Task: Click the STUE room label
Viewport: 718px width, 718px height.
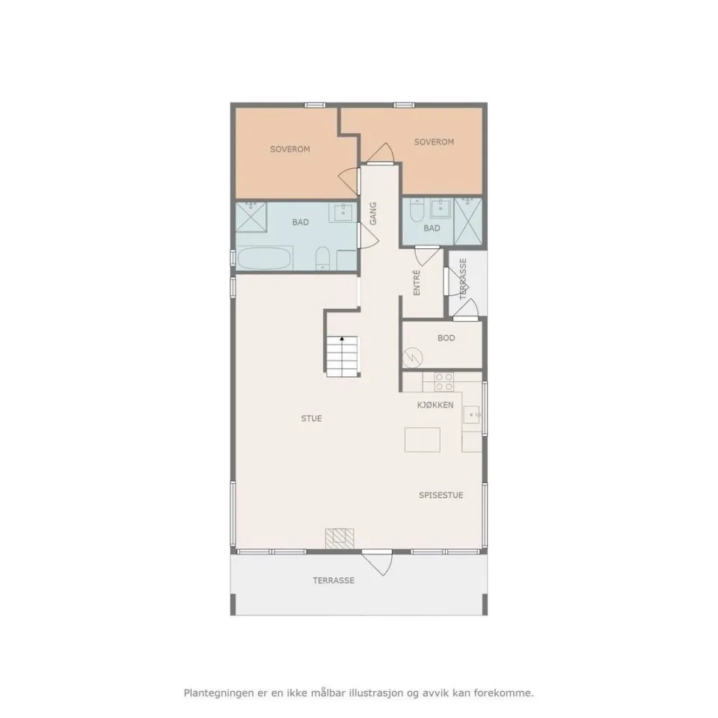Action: coord(311,418)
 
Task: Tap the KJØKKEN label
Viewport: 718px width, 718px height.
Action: coord(435,405)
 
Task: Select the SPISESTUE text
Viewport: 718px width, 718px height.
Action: coord(441,495)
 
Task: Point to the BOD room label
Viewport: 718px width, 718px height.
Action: coord(446,338)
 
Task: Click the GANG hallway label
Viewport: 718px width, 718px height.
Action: coord(373,214)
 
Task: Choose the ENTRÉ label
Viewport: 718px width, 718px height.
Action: coord(417,283)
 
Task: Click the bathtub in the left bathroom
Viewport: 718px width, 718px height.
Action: coord(265,259)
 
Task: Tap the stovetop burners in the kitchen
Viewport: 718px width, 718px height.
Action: coord(444,382)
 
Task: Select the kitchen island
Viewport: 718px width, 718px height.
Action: coord(422,440)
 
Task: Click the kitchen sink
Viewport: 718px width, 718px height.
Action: coord(471,415)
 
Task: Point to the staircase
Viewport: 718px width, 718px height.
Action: coord(342,357)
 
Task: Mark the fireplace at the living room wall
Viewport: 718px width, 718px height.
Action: coord(340,538)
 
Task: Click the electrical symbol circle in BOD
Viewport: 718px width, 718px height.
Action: coord(413,358)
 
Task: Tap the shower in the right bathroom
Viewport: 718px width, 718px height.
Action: coord(468,221)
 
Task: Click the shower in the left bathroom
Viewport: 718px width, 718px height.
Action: coord(251,217)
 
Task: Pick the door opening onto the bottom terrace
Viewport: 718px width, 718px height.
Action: coord(377,562)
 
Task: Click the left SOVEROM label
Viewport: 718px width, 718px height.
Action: coord(290,149)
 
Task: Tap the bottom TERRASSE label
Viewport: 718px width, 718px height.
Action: coord(334,580)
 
